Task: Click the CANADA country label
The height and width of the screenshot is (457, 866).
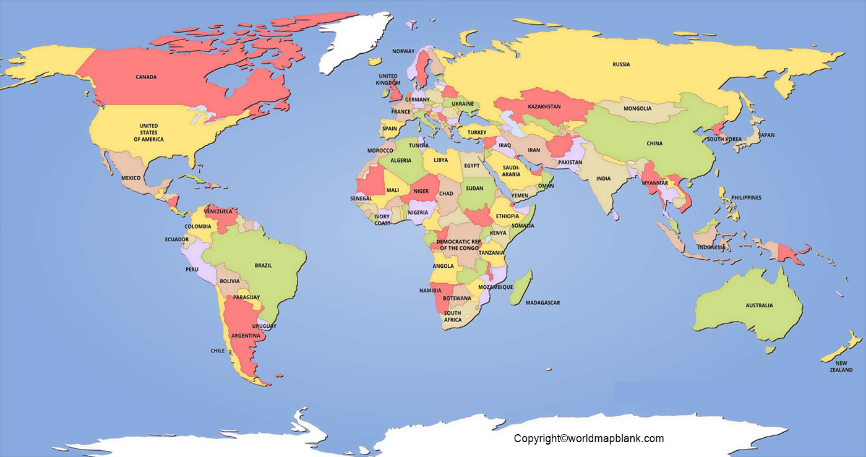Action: (x=146, y=77)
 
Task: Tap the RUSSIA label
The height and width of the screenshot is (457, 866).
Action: (x=621, y=64)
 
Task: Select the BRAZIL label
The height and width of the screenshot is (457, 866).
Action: (x=263, y=265)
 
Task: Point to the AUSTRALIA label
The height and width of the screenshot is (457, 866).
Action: (x=758, y=305)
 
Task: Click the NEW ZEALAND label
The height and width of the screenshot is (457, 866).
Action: (x=841, y=366)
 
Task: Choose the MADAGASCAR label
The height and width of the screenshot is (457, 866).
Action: (x=542, y=302)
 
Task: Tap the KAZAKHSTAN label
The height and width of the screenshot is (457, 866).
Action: (x=544, y=106)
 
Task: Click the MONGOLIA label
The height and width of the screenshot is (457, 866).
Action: (x=637, y=108)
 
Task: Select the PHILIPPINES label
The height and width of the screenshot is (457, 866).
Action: (x=746, y=198)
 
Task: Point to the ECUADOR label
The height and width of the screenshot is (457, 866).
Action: (x=176, y=239)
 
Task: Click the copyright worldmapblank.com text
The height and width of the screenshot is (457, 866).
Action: (x=588, y=438)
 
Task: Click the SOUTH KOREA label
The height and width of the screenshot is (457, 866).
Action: (x=724, y=139)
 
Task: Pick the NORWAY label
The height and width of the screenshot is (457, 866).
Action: (x=403, y=51)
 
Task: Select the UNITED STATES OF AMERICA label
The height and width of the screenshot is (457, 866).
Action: (x=148, y=132)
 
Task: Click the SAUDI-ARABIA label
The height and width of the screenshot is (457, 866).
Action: (x=511, y=171)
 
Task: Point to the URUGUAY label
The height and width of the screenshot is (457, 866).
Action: (x=264, y=326)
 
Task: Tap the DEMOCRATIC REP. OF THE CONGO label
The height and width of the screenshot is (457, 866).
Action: (x=458, y=244)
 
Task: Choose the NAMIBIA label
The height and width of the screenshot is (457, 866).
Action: (x=430, y=290)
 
